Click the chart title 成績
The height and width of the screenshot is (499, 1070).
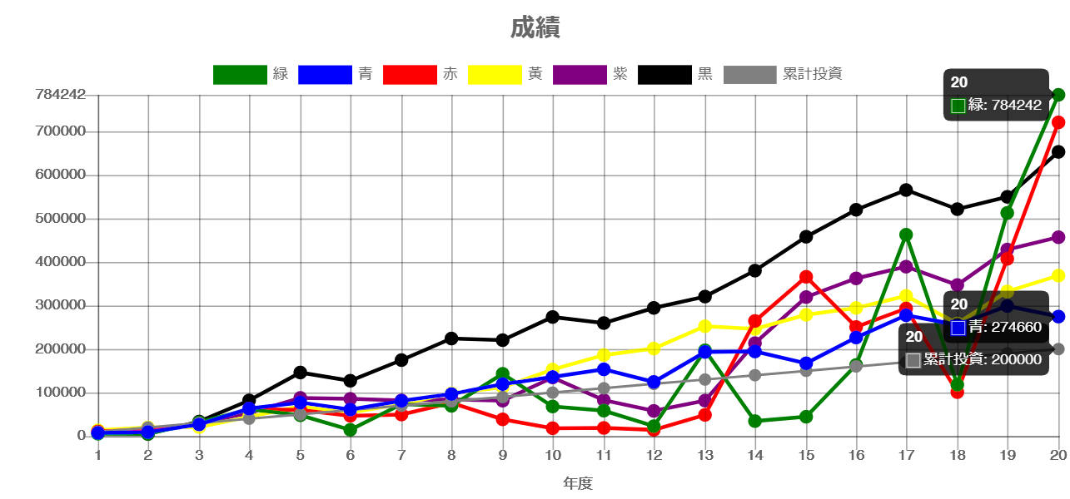[535, 28]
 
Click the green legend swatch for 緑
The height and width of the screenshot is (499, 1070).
[240, 74]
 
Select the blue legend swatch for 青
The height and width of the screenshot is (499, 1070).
[325, 74]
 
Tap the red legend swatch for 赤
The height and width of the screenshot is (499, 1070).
[410, 74]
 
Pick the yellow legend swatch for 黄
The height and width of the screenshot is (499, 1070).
[495, 74]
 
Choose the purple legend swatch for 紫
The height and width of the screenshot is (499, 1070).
[580, 74]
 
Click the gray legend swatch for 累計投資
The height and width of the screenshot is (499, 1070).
[750, 74]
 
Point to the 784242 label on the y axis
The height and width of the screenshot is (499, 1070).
[61, 95]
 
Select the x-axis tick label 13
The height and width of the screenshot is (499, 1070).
[705, 456]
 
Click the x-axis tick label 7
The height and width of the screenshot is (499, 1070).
[401, 456]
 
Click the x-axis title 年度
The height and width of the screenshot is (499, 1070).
[578, 483]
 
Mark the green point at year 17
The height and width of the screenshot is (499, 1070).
[906, 235]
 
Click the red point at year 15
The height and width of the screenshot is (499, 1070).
[806, 277]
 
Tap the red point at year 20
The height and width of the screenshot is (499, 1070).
[1058, 123]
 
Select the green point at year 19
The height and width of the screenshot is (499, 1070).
[1008, 213]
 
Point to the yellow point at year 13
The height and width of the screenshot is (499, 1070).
[705, 326]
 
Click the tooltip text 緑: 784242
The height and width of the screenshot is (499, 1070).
[1004, 106]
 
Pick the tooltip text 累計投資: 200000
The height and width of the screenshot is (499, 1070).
[982, 359]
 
